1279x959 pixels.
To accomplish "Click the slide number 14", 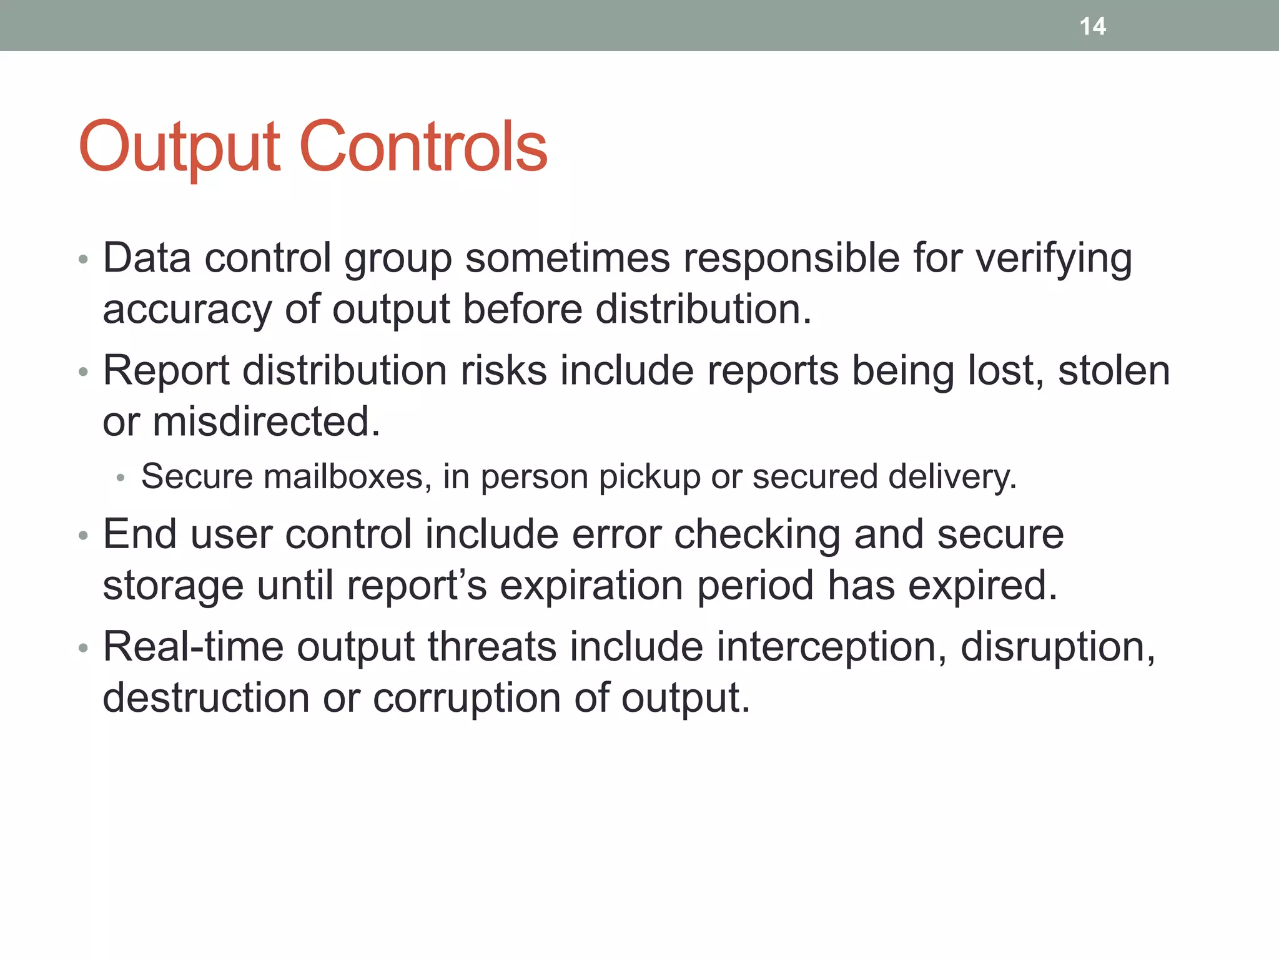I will pyautogui.click(x=1092, y=26).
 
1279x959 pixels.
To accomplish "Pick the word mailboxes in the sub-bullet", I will pyautogui.click(x=347, y=477).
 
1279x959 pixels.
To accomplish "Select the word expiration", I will pyautogui.click(x=591, y=586).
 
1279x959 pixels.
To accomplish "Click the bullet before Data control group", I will pyautogui.click(x=84, y=260).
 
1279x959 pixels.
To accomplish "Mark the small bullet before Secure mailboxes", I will pyautogui.click(x=121, y=479).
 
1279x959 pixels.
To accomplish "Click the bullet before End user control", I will pyautogui.click(x=84, y=536).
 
